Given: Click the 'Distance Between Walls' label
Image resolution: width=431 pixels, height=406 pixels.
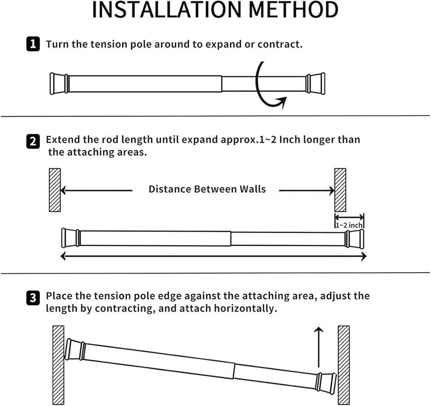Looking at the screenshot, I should (207, 189).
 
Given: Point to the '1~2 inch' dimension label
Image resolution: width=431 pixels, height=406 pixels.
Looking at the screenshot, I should (349, 226).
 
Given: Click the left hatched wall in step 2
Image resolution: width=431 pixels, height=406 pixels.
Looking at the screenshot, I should (55, 190).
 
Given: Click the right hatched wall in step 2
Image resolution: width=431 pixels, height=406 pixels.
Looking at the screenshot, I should (340, 190).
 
